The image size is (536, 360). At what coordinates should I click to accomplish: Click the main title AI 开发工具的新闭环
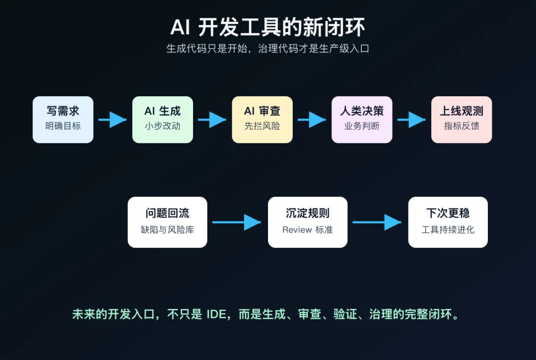click(268, 27)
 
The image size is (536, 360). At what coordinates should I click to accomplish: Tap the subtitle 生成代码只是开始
click(206, 49)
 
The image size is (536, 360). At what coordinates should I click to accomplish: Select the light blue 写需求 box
click(63, 120)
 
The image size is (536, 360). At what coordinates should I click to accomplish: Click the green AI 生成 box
click(163, 120)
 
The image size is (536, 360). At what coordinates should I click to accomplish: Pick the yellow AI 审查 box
click(262, 120)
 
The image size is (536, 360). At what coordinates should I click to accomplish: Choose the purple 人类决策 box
click(362, 120)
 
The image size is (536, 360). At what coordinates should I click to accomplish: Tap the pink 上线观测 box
click(462, 120)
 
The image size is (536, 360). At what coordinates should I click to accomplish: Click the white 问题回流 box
click(168, 222)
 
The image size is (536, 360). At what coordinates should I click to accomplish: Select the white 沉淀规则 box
click(308, 222)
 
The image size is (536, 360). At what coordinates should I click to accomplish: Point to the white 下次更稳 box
click(448, 222)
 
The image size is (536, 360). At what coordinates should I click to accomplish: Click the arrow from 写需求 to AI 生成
click(113, 120)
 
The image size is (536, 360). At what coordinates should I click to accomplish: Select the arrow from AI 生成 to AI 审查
click(212, 120)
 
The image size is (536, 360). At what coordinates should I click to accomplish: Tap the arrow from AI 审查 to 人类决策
click(312, 120)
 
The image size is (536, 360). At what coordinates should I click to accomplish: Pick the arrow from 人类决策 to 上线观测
click(411, 120)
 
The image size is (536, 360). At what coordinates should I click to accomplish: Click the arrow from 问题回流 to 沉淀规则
click(237, 222)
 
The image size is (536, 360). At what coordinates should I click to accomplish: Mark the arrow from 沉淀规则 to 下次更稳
click(377, 222)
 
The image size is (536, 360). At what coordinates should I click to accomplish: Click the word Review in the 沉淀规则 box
click(297, 230)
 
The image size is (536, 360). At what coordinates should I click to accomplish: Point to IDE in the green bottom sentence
click(216, 314)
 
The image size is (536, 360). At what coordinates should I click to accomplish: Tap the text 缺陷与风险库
click(168, 230)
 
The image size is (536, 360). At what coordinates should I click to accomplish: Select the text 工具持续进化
click(448, 230)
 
